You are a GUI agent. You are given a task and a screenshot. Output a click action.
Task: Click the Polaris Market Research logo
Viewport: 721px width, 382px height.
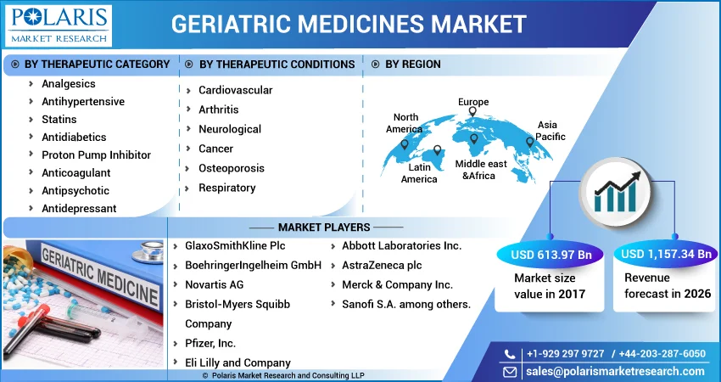[59, 25]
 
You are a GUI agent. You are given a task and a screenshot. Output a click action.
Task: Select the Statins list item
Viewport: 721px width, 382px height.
[59, 119]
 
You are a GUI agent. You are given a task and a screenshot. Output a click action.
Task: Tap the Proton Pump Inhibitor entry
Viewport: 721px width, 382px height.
[96, 155]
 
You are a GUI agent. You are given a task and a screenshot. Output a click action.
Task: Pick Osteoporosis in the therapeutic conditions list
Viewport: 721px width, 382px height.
[232, 168]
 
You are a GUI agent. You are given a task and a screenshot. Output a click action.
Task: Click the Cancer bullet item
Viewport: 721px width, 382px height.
[215, 149]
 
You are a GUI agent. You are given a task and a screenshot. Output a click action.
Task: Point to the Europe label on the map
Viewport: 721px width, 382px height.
[473, 102]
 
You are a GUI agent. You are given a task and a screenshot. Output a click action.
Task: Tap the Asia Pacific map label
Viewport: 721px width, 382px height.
[550, 130]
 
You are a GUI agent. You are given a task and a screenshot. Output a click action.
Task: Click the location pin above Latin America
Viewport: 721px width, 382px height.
[438, 150]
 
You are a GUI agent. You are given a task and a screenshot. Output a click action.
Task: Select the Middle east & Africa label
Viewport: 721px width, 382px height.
[481, 170]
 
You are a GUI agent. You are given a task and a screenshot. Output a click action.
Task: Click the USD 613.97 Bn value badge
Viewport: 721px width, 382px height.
[551, 255]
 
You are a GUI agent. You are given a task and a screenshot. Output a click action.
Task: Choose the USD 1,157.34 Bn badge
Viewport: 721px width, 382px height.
[666, 254]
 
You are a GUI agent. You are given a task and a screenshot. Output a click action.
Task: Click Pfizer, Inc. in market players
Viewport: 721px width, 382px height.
[210, 343]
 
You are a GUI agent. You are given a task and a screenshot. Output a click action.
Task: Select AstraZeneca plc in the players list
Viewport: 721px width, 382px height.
[382, 265]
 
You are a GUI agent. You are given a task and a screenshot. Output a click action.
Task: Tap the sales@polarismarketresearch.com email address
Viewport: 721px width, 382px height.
[615, 372]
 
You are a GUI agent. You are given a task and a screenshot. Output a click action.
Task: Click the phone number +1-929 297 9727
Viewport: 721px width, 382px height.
[565, 354]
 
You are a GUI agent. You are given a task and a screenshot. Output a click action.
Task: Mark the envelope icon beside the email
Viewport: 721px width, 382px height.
[510, 372]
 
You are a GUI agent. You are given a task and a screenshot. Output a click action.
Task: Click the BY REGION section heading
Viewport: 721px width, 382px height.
[413, 65]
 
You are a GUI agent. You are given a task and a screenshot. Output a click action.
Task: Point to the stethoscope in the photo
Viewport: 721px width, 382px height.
[148, 252]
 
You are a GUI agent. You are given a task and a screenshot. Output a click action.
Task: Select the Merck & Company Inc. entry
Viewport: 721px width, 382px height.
[397, 285]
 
